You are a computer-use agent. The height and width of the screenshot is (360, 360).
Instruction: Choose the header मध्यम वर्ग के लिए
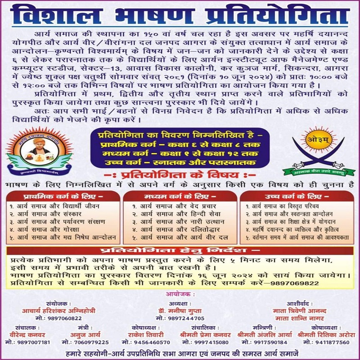click(180, 196)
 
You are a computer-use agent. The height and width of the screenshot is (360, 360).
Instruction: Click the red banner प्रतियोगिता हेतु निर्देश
click(180, 250)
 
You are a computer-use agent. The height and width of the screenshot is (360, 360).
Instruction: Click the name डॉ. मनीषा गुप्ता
click(179, 310)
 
